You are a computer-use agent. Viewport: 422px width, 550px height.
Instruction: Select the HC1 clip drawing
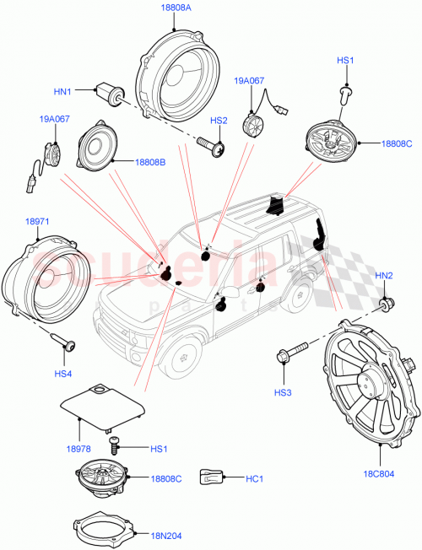(210, 477)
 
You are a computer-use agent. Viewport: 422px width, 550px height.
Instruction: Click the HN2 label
(383, 276)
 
